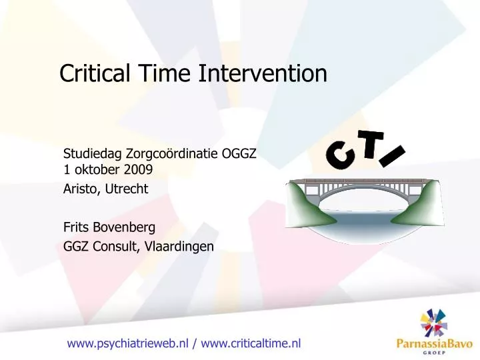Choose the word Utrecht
[127, 189]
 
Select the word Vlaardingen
[178, 246]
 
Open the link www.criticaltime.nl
[251, 343]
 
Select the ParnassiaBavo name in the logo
[431, 345]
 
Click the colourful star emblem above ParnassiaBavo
[435, 321]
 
